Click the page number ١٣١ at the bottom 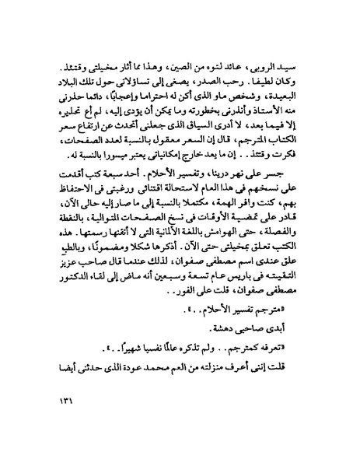pyautogui.click(x=61, y=425)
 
